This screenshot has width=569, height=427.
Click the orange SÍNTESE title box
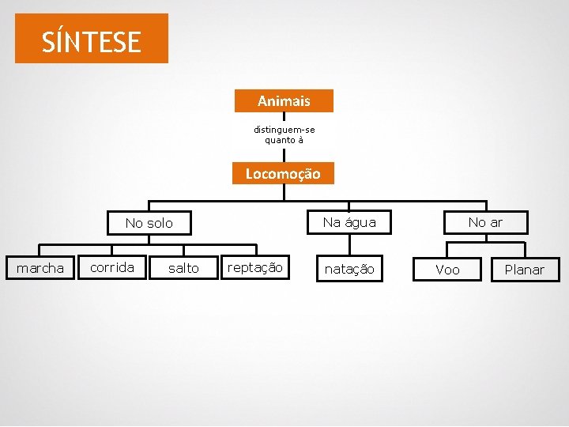(91, 38)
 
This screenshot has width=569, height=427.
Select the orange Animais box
(284, 101)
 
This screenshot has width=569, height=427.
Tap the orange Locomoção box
(283, 173)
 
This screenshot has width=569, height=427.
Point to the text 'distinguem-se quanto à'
(284, 134)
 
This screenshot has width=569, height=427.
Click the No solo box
(149, 223)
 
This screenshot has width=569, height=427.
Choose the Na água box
(349, 222)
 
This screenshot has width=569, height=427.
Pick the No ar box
(485, 222)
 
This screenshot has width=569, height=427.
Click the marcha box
(40, 268)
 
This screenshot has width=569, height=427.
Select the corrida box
(111, 267)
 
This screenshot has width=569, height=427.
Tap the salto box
(183, 268)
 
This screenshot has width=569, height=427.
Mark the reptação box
(254, 267)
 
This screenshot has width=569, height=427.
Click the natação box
(350, 269)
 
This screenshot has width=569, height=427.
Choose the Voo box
(447, 270)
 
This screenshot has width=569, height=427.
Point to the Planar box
(524, 270)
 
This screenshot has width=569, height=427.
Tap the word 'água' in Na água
(360, 222)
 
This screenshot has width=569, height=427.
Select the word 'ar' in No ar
(496, 222)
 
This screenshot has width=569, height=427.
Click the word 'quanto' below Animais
(279, 140)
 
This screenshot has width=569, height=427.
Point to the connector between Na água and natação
(349, 245)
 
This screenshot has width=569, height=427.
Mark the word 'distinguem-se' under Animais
(284, 129)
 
